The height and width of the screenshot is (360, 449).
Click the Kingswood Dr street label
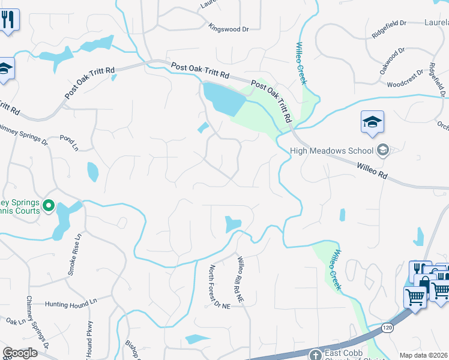click(x=229, y=28)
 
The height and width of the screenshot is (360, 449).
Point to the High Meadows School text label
click(x=331, y=150)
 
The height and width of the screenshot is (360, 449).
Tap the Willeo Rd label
click(x=372, y=172)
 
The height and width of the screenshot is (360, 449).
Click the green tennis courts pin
click(x=49, y=206)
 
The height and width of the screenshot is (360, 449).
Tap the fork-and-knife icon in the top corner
click(x=9, y=20)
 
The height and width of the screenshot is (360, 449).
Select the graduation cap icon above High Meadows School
click(x=372, y=122)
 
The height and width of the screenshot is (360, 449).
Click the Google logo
click(x=20, y=353)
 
